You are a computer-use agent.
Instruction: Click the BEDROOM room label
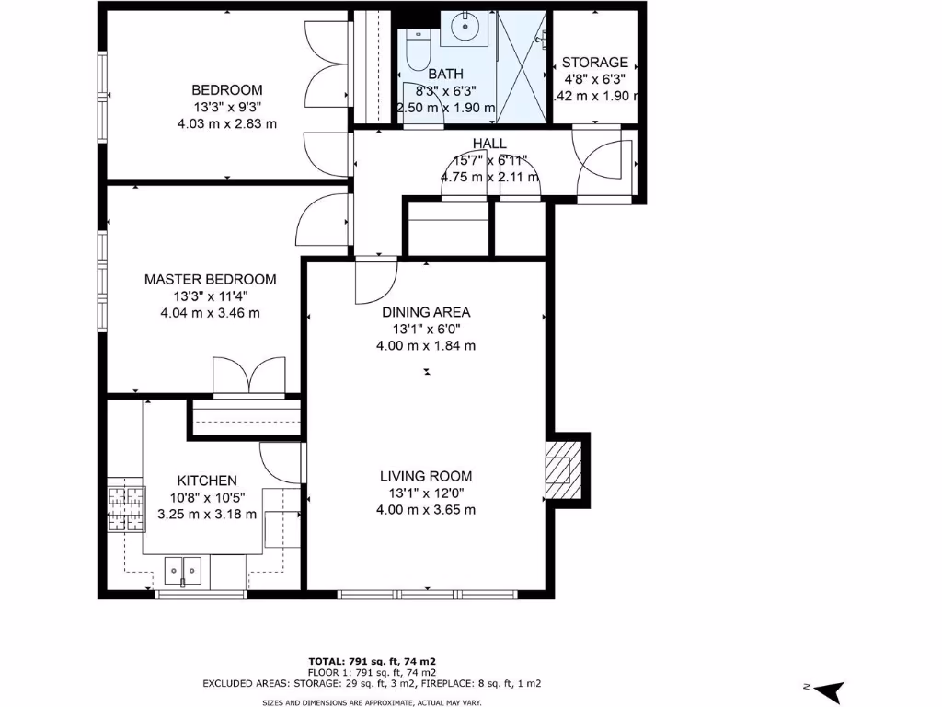(226, 90)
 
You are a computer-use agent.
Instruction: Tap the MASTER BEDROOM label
(210, 280)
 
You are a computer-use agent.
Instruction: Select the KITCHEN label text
(207, 481)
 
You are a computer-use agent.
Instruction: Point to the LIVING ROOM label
(426, 476)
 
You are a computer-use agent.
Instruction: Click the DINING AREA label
(426, 312)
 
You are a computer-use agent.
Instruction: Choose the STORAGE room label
(595, 63)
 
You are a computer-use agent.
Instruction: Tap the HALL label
(489, 143)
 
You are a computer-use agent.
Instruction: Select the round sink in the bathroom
(469, 28)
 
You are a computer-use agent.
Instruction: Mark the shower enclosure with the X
(521, 66)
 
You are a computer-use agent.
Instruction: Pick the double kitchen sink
(185, 570)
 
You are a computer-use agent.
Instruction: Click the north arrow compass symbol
(827, 690)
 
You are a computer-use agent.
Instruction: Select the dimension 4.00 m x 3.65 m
(426, 510)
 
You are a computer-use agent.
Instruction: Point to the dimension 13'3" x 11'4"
(210, 296)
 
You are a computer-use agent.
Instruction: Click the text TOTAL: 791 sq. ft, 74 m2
(372, 661)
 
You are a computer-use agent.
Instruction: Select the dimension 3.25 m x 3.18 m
(207, 515)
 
